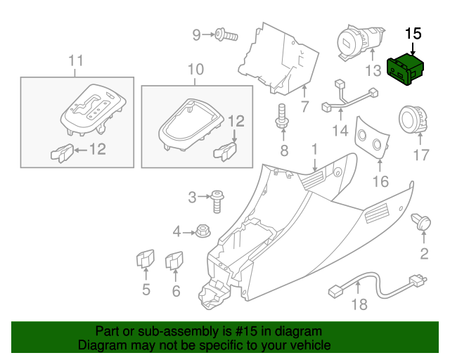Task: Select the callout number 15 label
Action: [x=413, y=33]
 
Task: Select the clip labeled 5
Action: [x=145, y=260]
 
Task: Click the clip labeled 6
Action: [x=173, y=261]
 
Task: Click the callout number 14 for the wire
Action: [x=340, y=130]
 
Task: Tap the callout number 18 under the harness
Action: [x=359, y=304]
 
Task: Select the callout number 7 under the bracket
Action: [x=304, y=107]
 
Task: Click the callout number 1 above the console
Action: [x=314, y=149]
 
